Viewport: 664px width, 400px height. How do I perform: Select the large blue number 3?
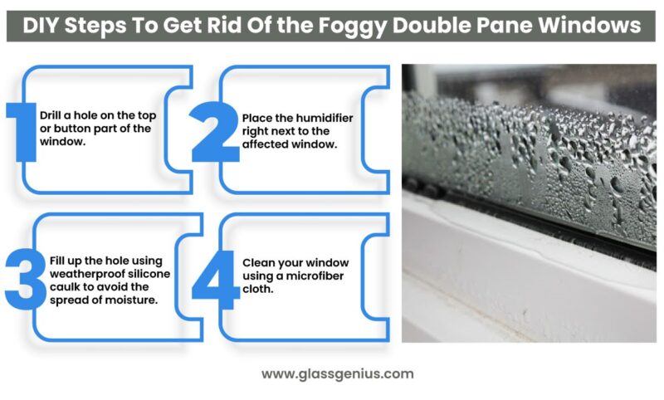click(23, 275)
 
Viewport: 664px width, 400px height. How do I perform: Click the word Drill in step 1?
click(50, 115)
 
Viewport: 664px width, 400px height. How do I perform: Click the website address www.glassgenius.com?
click(336, 373)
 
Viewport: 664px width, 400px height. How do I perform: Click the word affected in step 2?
click(264, 144)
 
